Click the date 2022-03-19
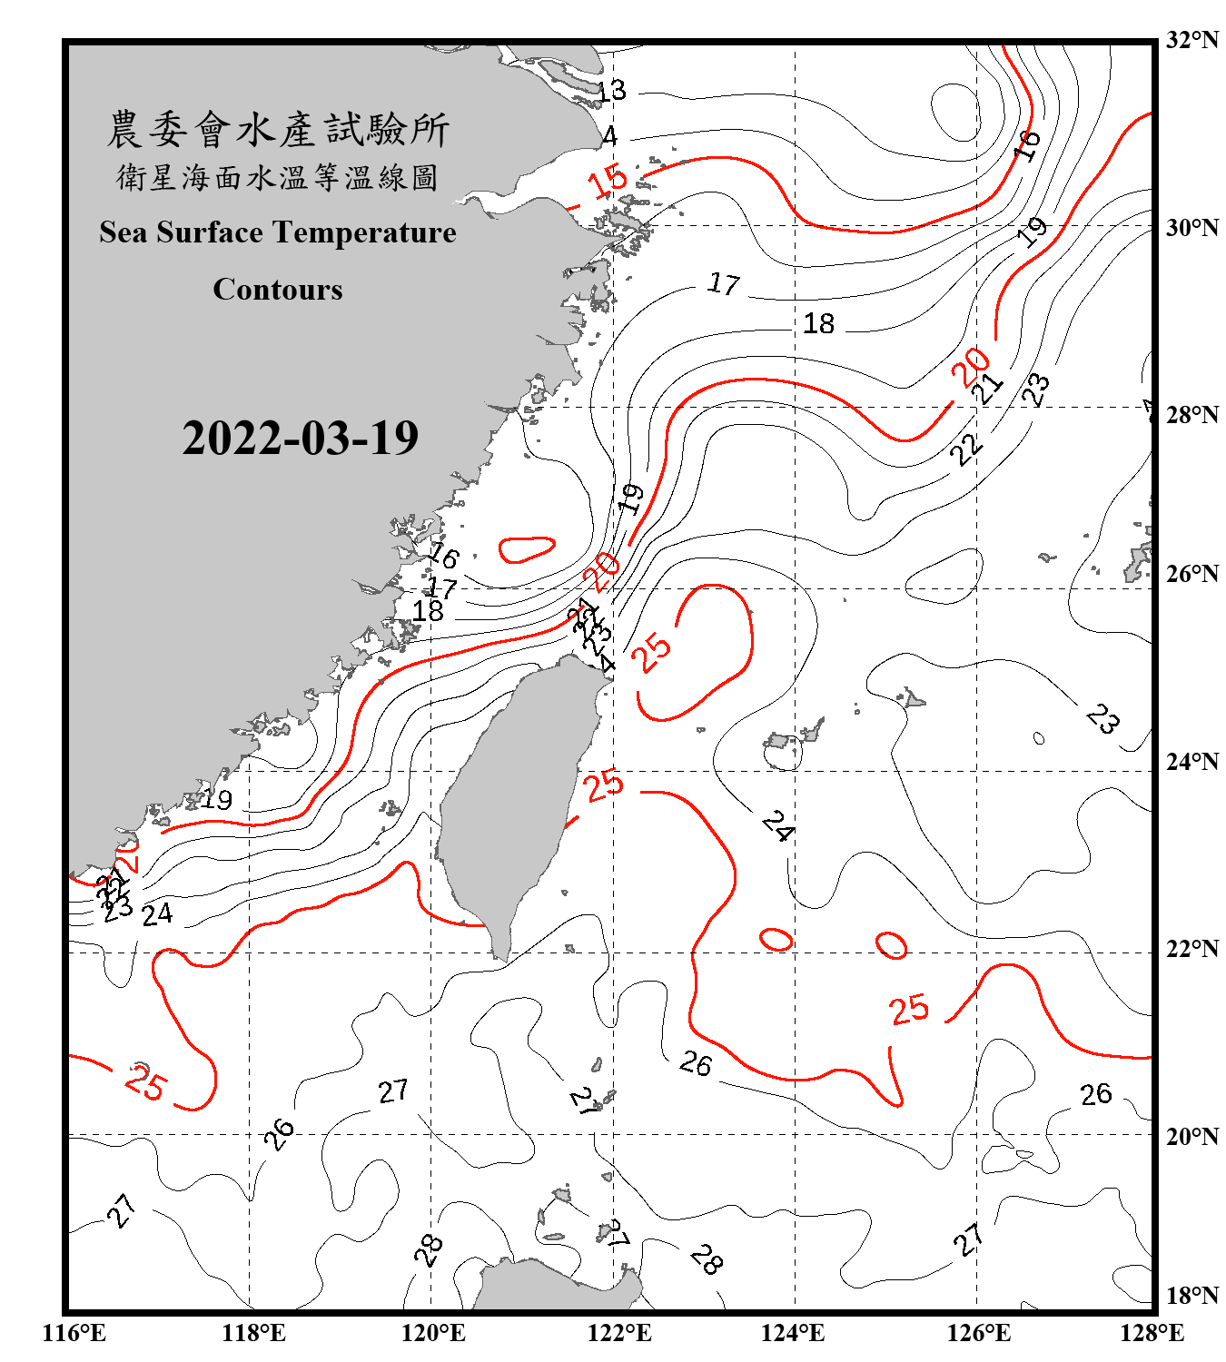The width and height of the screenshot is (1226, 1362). pyautogui.click(x=300, y=439)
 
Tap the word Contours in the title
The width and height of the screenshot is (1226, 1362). pyautogui.click(x=278, y=290)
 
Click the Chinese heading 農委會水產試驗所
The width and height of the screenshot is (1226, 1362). pyautogui.click(x=278, y=130)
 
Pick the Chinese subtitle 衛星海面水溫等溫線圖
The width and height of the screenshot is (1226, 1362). pyautogui.click(x=278, y=177)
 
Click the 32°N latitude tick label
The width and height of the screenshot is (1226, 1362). pyautogui.click(x=1191, y=40)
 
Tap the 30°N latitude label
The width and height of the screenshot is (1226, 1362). pyautogui.click(x=1191, y=228)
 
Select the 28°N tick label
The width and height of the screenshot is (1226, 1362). pyautogui.click(x=1191, y=415)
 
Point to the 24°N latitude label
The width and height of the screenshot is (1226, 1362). pyautogui.click(x=1191, y=762)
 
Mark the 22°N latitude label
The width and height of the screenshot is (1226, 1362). pyautogui.click(x=1191, y=949)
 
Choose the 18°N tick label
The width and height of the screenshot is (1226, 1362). pyautogui.click(x=1191, y=1296)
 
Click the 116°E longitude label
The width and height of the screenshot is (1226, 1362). pyautogui.click(x=74, y=1333)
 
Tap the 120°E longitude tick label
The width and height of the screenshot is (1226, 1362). pyautogui.click(x=433, y=1333)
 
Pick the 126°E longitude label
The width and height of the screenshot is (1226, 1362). pyautogui.click(x=978, y=1333)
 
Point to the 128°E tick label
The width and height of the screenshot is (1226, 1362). pyautogui.click(x=1152, y=1333)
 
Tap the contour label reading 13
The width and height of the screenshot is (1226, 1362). pyautogui.click(x=611, y=90)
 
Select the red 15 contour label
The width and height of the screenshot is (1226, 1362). pyautogui.click(x=607, y=181)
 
